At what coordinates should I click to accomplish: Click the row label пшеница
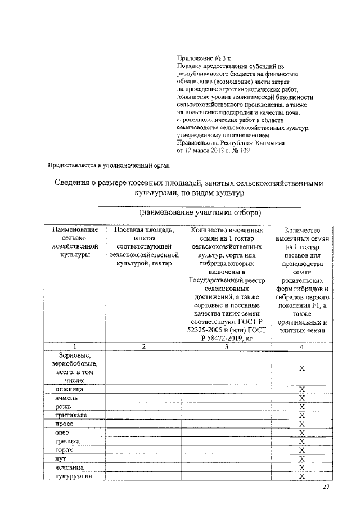pyautogui.click(x=70, y=389)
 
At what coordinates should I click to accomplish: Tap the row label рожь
pyautogui.click(x=63, y=407)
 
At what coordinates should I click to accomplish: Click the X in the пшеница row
pyautogui.click(x=302, y=389)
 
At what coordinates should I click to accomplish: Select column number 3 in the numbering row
pyautogui.click(x=226, y=346)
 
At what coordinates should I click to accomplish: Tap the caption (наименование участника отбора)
pyautogui.click(x=200, y=214)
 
